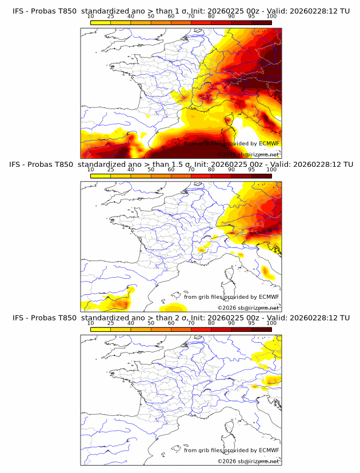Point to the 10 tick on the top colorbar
point(91,17)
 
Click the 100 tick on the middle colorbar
point(271,170)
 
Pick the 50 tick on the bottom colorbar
point(151,323)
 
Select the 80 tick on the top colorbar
point(211,17)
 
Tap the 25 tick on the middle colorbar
point(111,170)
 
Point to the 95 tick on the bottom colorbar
point(251,323)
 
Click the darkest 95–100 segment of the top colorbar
point(261,22)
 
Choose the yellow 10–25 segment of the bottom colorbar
point(101,328)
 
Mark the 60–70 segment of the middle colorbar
point(181,175)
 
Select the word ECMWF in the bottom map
point(269,450)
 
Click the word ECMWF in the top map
point(269,143)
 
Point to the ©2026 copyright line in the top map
point(248,154)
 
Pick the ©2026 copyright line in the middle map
point(248,307)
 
